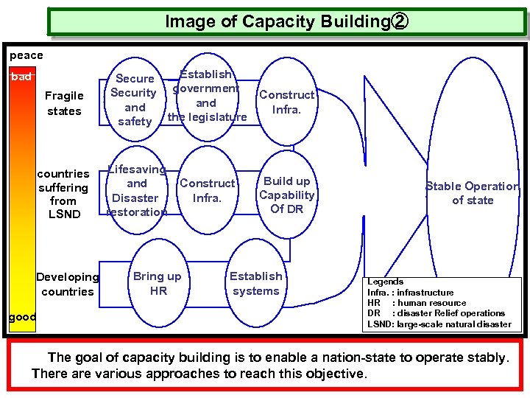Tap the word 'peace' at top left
[26, 55]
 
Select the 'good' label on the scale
[22, 317]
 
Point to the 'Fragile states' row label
[64, 103]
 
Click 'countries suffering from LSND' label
[63, 194]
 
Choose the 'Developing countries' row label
[67, 284]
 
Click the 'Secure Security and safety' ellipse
[134, 100]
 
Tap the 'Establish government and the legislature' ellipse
[207, 96]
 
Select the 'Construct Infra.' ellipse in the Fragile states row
[286, 102]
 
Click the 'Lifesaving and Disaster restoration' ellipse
[137, 191]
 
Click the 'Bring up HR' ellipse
[158, 284]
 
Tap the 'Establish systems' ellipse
[255, 284]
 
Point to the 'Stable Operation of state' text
[473, 193]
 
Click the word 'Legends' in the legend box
[385, 282]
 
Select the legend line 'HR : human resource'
[417, 303]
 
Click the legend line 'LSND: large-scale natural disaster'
[439, 324]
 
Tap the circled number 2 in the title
[398, 22]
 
